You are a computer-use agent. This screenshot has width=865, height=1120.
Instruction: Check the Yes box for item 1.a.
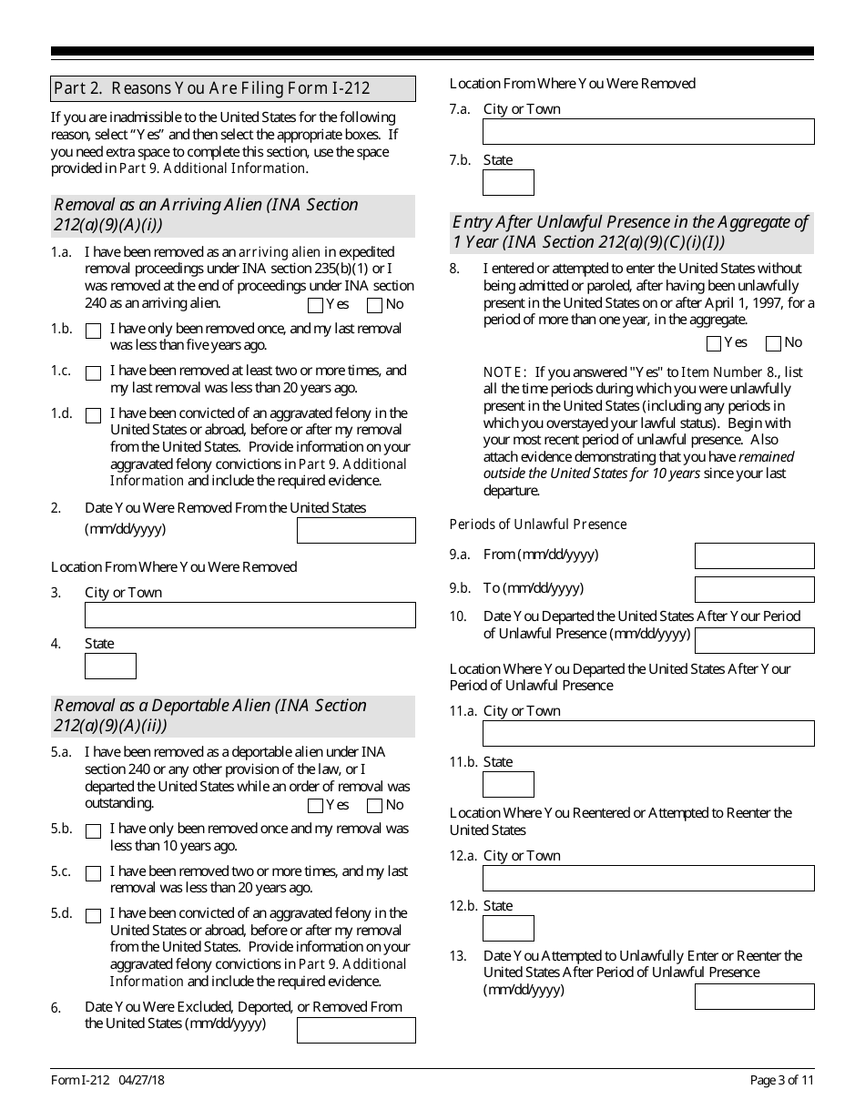point(315,305)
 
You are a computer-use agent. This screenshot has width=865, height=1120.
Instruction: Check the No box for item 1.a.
point(374,305)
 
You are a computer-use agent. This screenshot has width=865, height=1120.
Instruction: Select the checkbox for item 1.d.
point(93,416)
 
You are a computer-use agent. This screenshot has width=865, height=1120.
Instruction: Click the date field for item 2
point(356,530)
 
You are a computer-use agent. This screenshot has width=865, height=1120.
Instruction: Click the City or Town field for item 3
point(249,615)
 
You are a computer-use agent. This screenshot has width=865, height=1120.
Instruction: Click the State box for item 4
point(110,666)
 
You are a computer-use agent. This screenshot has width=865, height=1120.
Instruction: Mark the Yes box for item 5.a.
point(315,806)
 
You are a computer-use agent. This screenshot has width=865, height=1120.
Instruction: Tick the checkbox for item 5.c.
point(93,874)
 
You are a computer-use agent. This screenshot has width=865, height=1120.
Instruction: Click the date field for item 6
point(356,1030)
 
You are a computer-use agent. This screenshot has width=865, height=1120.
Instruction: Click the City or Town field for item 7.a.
point(648,131)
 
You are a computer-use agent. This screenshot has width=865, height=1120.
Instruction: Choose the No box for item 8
point(773,343)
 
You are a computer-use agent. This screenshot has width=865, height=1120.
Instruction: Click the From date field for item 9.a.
point(754,555)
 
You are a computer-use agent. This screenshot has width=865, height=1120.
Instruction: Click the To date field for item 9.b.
point(754,589)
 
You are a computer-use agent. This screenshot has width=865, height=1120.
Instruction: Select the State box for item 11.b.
point(508,784)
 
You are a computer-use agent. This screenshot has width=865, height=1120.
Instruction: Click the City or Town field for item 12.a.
point(648,878)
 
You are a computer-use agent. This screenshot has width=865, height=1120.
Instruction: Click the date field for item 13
point(754,996)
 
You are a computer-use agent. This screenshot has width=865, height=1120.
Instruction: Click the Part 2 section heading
point(212,88)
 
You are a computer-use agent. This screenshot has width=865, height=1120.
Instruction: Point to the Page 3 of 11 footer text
point(781,1080)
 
